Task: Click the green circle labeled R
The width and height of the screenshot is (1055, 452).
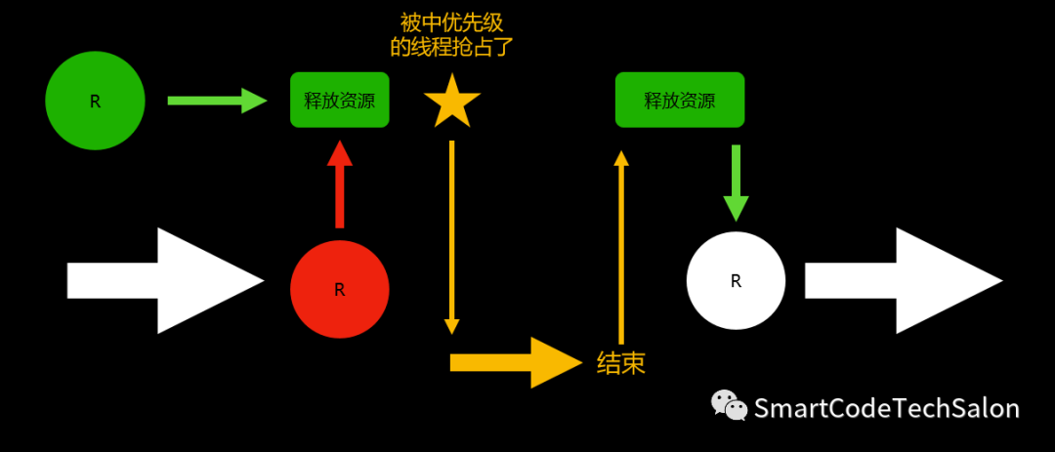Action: tap(95, 101)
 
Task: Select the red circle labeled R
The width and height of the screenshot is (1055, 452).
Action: tap(339, 289)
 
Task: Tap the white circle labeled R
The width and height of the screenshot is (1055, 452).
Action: tap(736, 281)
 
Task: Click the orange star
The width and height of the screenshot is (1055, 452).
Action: tap(452, 102)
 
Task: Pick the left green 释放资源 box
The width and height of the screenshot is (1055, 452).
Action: tap(339, 100)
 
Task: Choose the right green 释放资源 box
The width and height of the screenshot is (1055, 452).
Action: tap(679, 100)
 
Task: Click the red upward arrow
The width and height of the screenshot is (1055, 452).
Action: tap(339, 185)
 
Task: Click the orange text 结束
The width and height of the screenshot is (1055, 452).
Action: tap(621, 363)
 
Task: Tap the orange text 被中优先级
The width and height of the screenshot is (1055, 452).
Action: tap(452, 22)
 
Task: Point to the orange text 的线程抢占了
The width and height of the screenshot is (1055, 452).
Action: tap(452, 46)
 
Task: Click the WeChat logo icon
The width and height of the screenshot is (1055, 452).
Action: tap(728, 405)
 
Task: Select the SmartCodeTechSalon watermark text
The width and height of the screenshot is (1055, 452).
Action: tap(887, 408)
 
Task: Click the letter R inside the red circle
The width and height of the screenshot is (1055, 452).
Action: tap(339, 289)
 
